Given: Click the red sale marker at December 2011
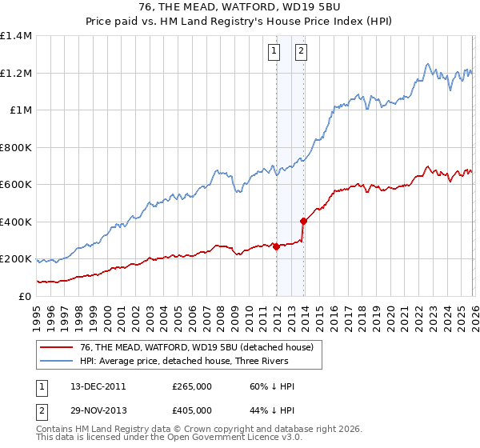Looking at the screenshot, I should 276,247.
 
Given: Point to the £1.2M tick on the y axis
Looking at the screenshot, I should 16,73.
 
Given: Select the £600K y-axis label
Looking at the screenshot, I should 16,185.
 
